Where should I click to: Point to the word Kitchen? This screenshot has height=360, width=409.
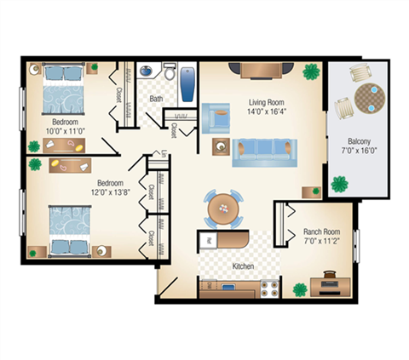pyautogui.click(x=244, y=266)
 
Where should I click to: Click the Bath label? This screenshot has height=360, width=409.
pyautogui.click(x=156, y=99)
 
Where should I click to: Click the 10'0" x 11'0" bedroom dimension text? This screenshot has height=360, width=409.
pyautogui.click(x=65, y=129)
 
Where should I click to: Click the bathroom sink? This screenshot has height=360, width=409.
pyautogui.click(x=146, y=73)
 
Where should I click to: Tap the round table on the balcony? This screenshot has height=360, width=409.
pyautogui.click(x=369, y=98)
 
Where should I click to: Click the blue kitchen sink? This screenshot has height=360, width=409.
pyautogui.click(x=229, y=288)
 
